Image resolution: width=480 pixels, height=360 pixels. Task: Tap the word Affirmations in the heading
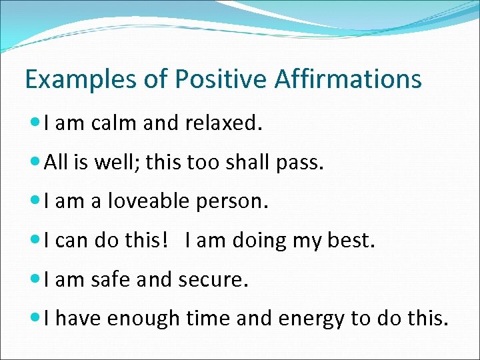(348, 79)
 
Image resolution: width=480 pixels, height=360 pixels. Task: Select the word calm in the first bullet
(107, 123)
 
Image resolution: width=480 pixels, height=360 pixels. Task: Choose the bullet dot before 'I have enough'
(36, 319)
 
